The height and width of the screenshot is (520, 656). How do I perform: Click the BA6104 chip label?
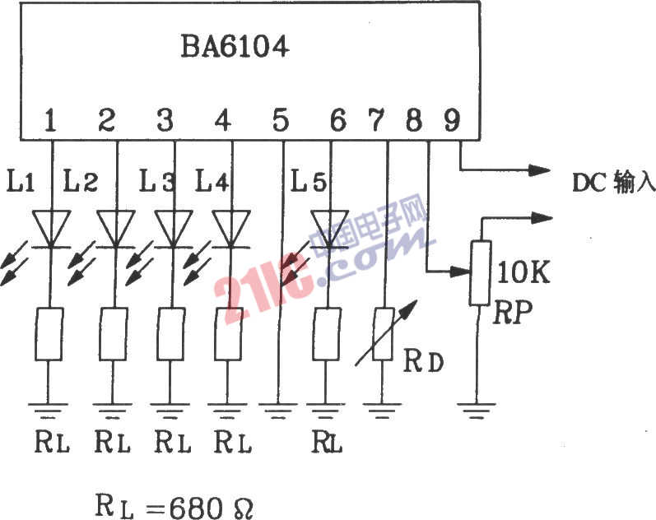click(235, 47)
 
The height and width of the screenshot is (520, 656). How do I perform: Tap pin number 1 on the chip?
click(51, 121)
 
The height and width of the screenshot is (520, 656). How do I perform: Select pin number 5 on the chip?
click(281, 121)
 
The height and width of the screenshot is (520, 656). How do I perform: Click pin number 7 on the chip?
click(376, 121)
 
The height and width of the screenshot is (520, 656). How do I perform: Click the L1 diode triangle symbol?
click(51, 228)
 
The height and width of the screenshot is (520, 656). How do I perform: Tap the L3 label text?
click(156, 179)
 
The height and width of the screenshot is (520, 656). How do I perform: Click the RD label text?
click(423, 360)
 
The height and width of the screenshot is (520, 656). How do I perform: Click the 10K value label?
click(523, 272)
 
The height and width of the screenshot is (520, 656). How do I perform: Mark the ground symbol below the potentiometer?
click(480, 408)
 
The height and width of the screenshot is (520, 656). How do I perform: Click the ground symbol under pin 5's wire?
click(280, 408)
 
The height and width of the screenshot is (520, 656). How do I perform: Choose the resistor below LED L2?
click(114, 333)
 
